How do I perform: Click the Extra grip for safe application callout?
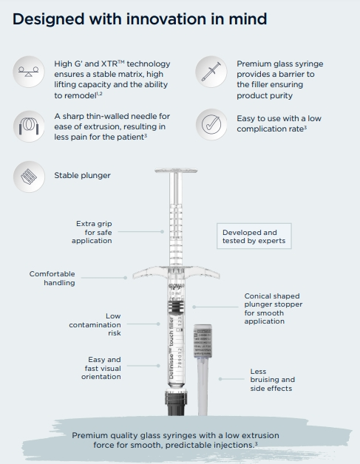[x=92, y=232]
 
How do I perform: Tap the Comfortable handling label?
[x=52, y=278]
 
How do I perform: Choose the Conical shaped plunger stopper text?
[x=273, y=308]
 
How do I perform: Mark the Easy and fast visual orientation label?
[x=101, y=368]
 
